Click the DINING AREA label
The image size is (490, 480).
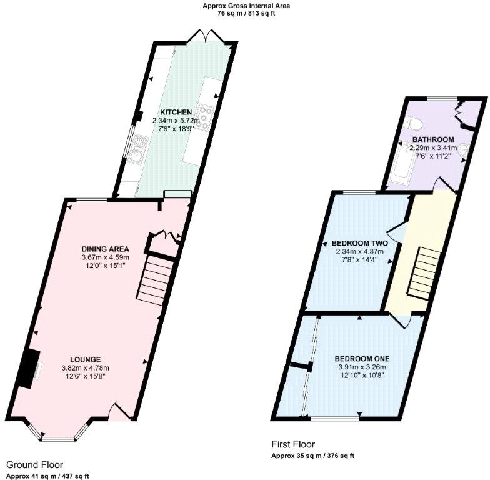click(105, 248)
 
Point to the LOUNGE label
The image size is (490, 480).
click(85, 359)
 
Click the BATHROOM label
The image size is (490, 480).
click(432, 139)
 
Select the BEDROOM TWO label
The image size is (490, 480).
click(359, 243)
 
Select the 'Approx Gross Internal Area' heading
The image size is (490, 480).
click(246, 6)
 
